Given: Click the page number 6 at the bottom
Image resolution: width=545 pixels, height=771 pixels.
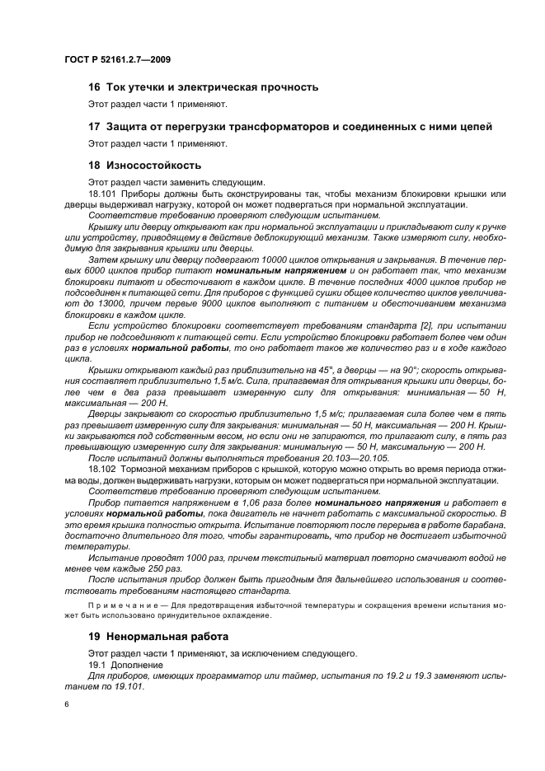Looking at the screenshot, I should [x=67, y=704].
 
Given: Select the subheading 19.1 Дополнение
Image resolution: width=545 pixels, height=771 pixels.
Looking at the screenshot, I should [x=126, y=665].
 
